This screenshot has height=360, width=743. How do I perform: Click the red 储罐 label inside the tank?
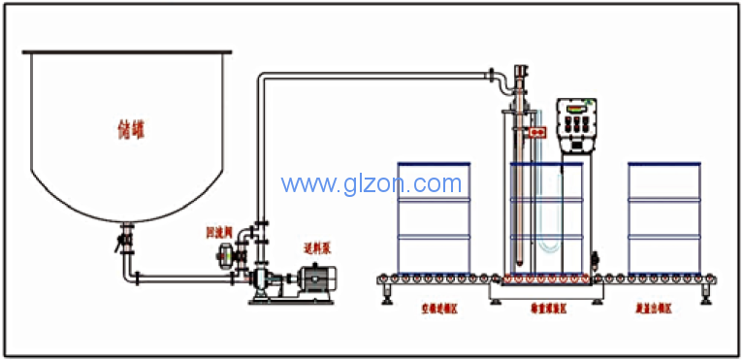128,128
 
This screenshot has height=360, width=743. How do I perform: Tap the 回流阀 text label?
218,233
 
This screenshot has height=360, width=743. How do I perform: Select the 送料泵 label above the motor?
318,248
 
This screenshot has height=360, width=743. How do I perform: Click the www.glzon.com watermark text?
371,182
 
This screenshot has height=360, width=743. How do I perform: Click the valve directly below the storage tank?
125,239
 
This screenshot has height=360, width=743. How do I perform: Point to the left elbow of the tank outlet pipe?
127,277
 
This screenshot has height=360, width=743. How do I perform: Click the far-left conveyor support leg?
388,291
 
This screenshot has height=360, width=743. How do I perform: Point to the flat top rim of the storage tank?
128,50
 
